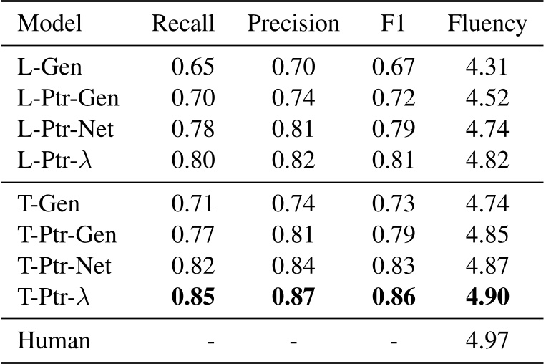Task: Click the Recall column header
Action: [x=183, y=24]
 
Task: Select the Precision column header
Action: [x=293, y=24]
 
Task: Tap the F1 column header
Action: [x=394, y=24]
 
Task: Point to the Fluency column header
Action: [x=487, y=24]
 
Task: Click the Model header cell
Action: [x=50, y=24]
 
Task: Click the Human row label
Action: [x=54, y=339]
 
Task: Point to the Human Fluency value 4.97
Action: [x=487, y=339]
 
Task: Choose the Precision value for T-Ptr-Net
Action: [x=293, y=265]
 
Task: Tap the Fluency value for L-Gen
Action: [x=487, y=68]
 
